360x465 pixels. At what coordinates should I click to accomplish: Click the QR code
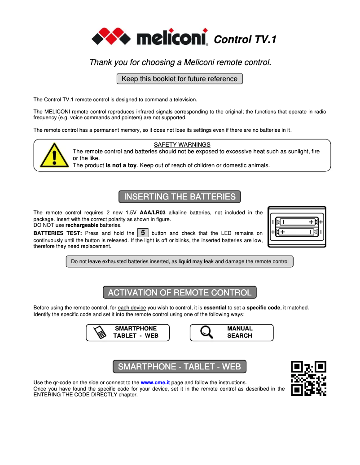click(309, 378)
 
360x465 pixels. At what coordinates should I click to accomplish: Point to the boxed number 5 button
click(143, 233)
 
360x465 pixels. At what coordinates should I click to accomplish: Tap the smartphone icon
click(100, 333)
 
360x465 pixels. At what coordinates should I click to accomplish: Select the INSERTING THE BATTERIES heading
click(180, 197)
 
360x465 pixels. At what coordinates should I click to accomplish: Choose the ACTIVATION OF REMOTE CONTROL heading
click(180, 293)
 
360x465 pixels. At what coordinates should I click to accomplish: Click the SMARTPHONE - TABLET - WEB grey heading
click(180, 367)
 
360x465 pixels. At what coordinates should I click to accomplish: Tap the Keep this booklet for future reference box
click(180, 79)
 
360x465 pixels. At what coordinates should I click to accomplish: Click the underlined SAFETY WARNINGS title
click(182, 144)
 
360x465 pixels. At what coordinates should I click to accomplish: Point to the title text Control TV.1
click(245, 39)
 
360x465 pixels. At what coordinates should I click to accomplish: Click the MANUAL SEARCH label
click(240, 332)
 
